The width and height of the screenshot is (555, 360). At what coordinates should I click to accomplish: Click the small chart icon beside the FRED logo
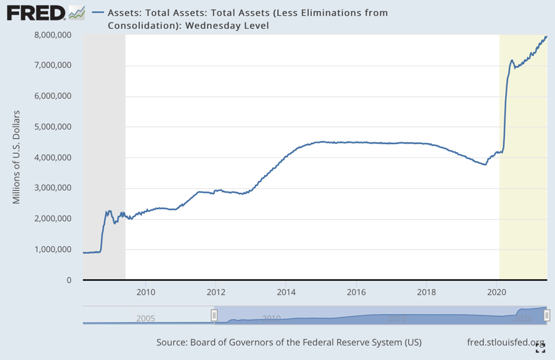click(x=77, y=12)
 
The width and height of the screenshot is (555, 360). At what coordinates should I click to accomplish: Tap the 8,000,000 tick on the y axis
click(x=53, y=35)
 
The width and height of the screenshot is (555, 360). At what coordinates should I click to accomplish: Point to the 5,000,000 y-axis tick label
click(x=53, y=126)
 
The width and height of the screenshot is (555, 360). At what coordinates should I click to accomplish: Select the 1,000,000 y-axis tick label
click(x=53, y=249)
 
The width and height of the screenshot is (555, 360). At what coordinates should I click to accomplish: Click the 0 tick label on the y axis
click(x=68, y=280)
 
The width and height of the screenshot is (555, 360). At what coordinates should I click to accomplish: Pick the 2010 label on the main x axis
click(x=145, y=292)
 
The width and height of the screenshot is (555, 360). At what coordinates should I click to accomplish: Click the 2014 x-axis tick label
click(x=286, y=292)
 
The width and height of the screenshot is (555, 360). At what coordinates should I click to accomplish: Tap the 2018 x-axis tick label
click(x=427, y=292)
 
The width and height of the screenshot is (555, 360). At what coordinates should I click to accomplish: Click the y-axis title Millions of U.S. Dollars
click(x=17, y=157)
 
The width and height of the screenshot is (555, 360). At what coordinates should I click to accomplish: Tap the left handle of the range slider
click(x=214, y=316)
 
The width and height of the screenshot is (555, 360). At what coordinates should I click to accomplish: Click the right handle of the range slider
click(x=546, y=316)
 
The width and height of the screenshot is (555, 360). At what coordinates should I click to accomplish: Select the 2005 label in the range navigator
click(x=145, y=319)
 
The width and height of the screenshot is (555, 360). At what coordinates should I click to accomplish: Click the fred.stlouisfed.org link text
click(x=505, y=342)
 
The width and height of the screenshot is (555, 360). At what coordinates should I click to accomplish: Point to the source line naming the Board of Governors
click(x=288, y=342)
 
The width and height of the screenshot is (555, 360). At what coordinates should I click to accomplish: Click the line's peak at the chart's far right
click(x=546, y=37)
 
